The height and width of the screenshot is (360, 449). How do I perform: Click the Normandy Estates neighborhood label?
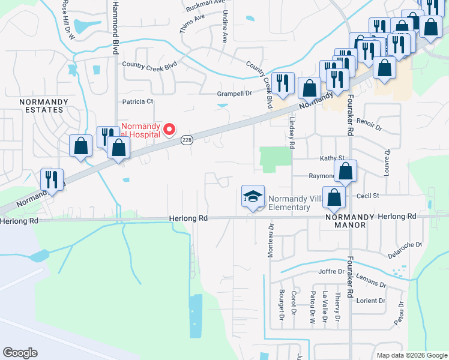pyautogui.click(x=41, y=106)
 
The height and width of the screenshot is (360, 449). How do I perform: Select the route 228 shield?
pyautogui.click(x=186, y=140)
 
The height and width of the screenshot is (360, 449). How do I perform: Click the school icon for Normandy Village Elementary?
pyautogui.click(x=253, y=196)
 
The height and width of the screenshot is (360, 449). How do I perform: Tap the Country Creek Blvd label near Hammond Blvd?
pyautogui.click(x=149, y=64)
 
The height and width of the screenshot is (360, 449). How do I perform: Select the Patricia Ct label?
pyautogui.click(x=138, y=102)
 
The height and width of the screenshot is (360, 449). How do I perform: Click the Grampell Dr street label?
pyautogui.click(x=234, y=94)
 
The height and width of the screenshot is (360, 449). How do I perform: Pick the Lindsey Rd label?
pyautogui.click(x=291, y=134)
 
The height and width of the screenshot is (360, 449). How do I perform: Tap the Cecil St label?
pyautogui.click(x=368, y=196)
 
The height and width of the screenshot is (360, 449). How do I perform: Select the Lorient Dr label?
pyautogui.click(x=369, y=301)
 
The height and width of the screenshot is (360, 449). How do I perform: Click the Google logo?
pyautogui.click(x=20, y=353)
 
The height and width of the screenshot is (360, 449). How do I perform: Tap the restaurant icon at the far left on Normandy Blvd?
pyautogui.click(x=52, y=179)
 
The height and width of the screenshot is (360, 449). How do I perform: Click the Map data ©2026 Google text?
pyautogui.click(x=412, y=355)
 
